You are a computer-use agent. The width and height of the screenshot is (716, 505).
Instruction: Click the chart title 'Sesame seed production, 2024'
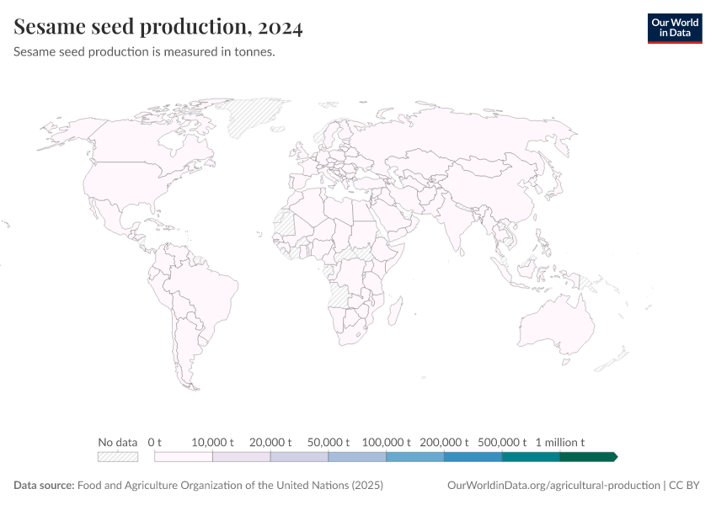(158, 27)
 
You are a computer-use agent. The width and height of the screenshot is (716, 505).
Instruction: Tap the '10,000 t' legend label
(212, 442)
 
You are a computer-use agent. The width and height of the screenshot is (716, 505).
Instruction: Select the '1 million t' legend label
(559, 442)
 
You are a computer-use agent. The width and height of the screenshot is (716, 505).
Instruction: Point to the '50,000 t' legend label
(329, 442)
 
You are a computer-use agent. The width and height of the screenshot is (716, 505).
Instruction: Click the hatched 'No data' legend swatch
(118, 456)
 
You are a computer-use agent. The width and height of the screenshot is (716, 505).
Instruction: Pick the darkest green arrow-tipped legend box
(588, 456)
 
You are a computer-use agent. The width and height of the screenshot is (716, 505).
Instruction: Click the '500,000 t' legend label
(502, 442)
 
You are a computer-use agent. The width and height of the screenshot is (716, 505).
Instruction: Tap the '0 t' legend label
(154, 442)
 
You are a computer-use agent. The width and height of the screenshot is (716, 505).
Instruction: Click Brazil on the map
(206, 290)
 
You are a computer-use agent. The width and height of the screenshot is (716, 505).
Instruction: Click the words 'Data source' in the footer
(44, 486)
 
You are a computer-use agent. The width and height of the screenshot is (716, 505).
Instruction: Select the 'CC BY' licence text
(686, 486)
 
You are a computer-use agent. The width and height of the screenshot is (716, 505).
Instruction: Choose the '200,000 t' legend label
(444, 442)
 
